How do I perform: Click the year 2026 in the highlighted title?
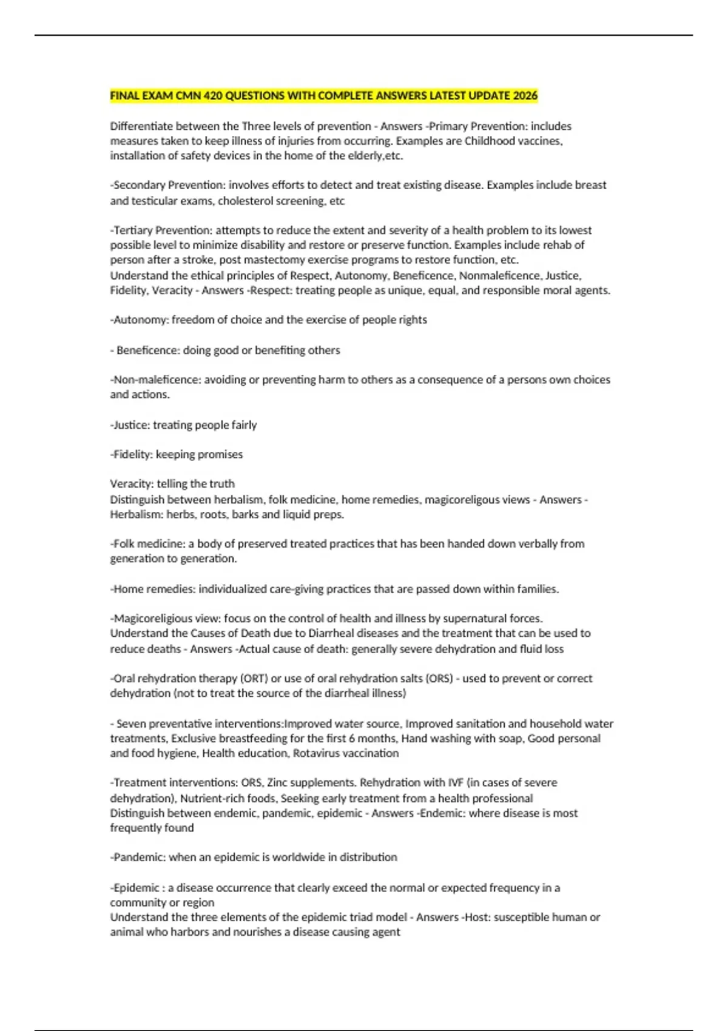point(525,96)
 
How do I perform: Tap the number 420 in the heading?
point(213,96)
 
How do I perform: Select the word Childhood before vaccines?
point(490,141)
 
